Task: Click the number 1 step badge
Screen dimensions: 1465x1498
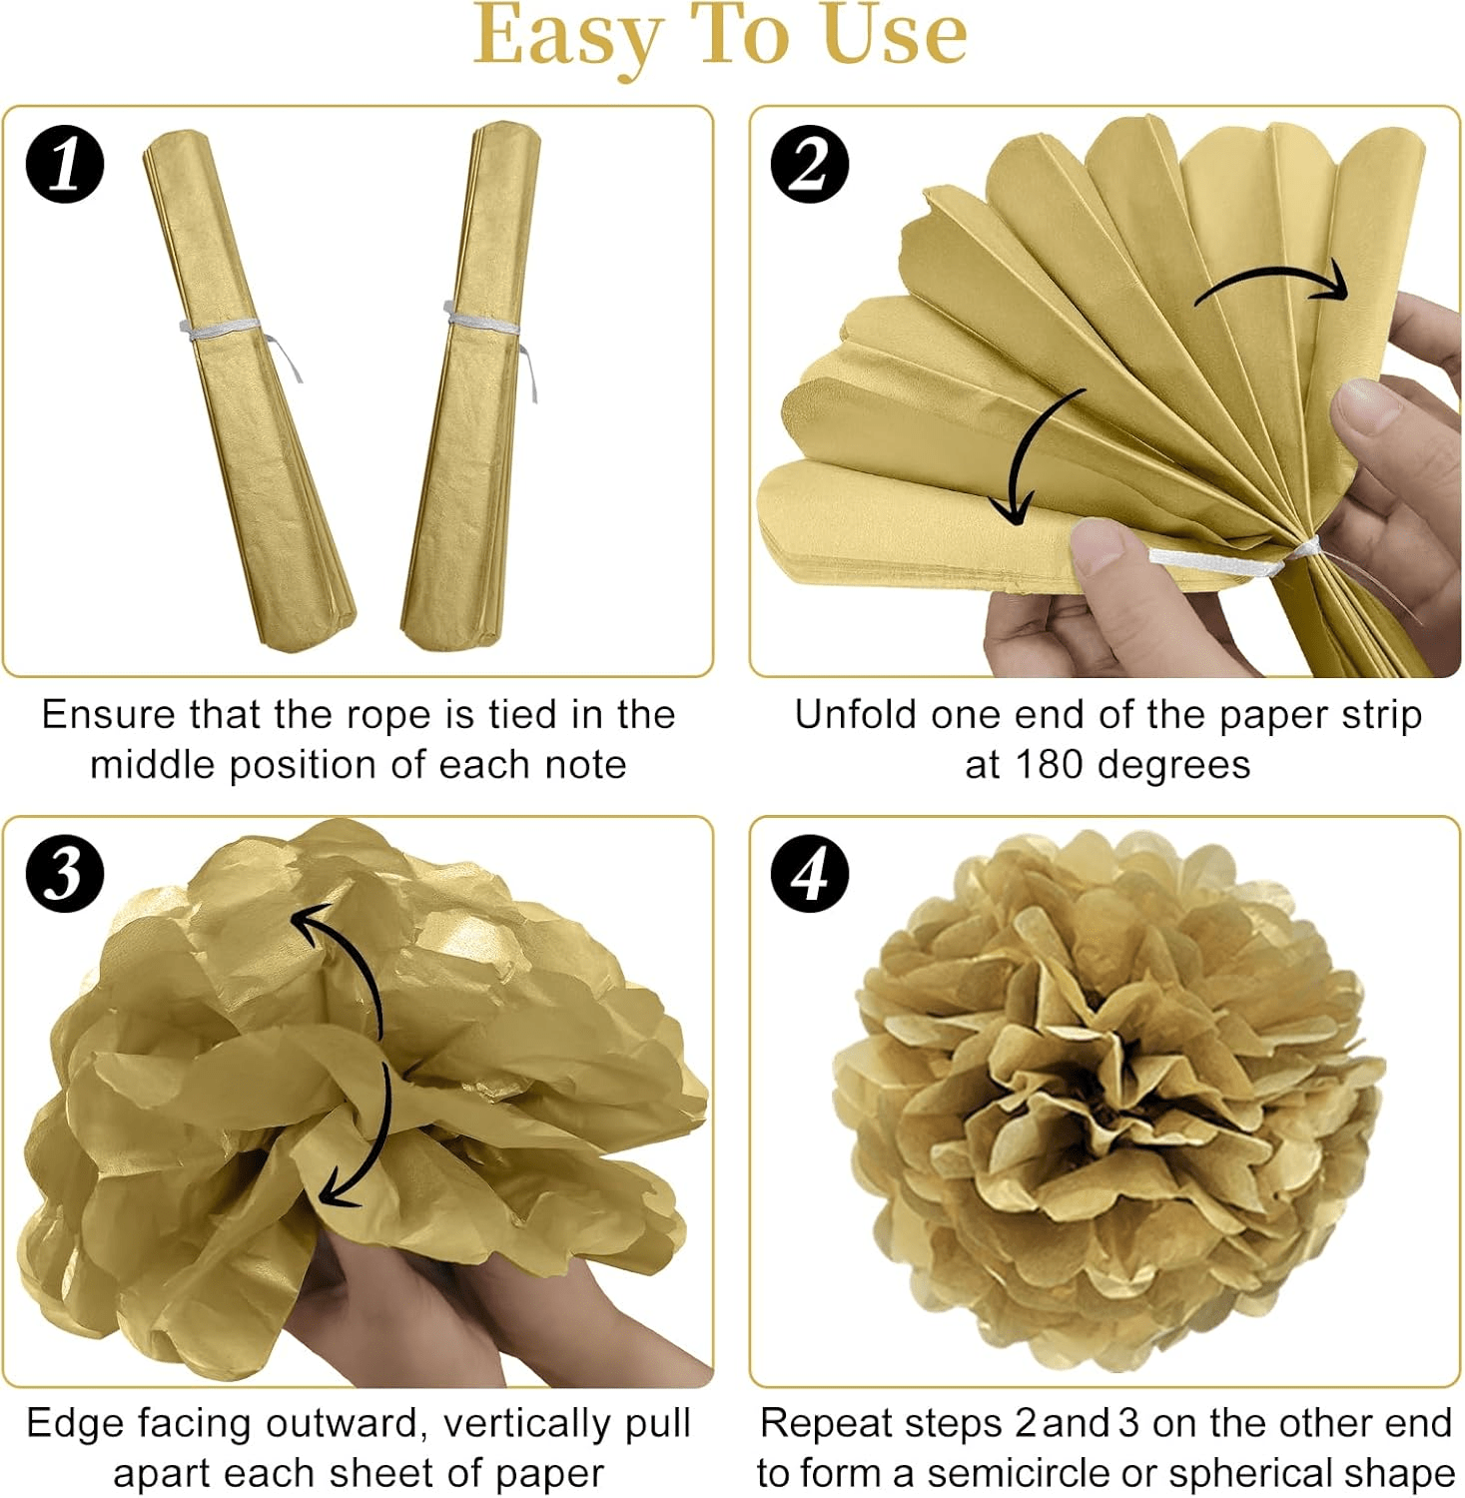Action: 65,164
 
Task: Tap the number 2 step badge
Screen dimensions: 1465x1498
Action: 810,164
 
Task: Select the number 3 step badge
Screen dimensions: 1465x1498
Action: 65,873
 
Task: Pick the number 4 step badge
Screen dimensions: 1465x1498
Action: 810,873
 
